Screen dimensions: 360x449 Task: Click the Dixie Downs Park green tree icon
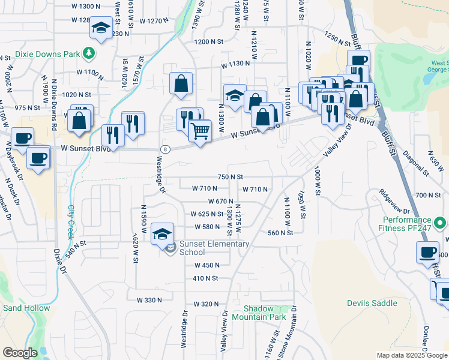coord(88,53)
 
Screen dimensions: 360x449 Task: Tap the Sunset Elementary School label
coord(214,248)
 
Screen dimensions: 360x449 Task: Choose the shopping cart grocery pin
coord(200,130)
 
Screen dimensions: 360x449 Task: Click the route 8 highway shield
coord(164,148)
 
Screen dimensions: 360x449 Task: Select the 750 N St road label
coord(230,177)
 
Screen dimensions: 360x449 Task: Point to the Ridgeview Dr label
coord(394,202)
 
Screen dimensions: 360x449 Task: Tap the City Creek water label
coord(71,220)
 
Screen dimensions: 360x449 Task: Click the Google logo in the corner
coord(20,353)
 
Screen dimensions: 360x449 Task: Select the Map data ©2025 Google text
coord(411,355)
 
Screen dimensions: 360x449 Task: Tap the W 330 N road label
coord(149,299)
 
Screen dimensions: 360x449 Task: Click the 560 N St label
coord(280,233)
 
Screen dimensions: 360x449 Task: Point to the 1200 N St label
coord(208,41)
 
